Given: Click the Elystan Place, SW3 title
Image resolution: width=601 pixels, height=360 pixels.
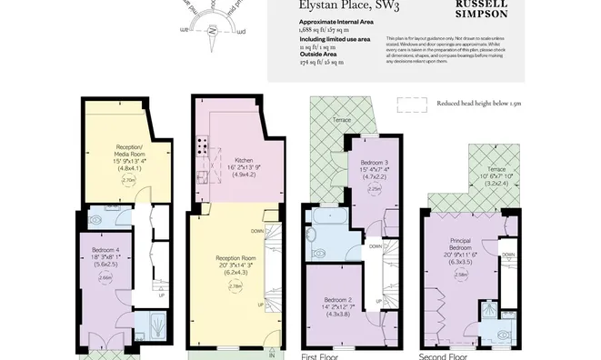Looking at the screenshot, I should pos(336,5).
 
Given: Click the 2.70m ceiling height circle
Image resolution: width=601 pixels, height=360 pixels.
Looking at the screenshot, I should pos(128,180).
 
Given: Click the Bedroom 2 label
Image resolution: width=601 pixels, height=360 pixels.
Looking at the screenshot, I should pos(337,298).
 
